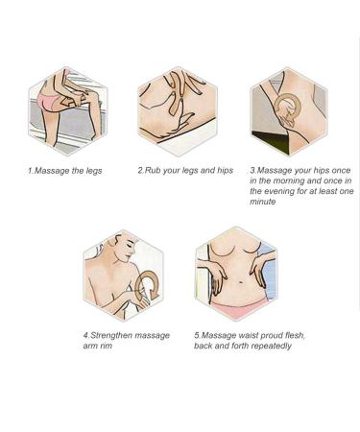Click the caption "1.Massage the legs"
point(64,171)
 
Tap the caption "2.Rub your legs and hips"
point(185,171)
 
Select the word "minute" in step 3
point(263,202)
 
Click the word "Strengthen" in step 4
point(111,336)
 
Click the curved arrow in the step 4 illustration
point(147,285)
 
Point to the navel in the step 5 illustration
point(240,282)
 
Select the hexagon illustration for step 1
point(68,111)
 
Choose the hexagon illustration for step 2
point(178,111)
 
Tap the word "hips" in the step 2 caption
point(226,171)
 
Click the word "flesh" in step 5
point(294,335)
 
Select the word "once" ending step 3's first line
point(341,171)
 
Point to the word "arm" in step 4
point(89,347)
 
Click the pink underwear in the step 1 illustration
point(48,100)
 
